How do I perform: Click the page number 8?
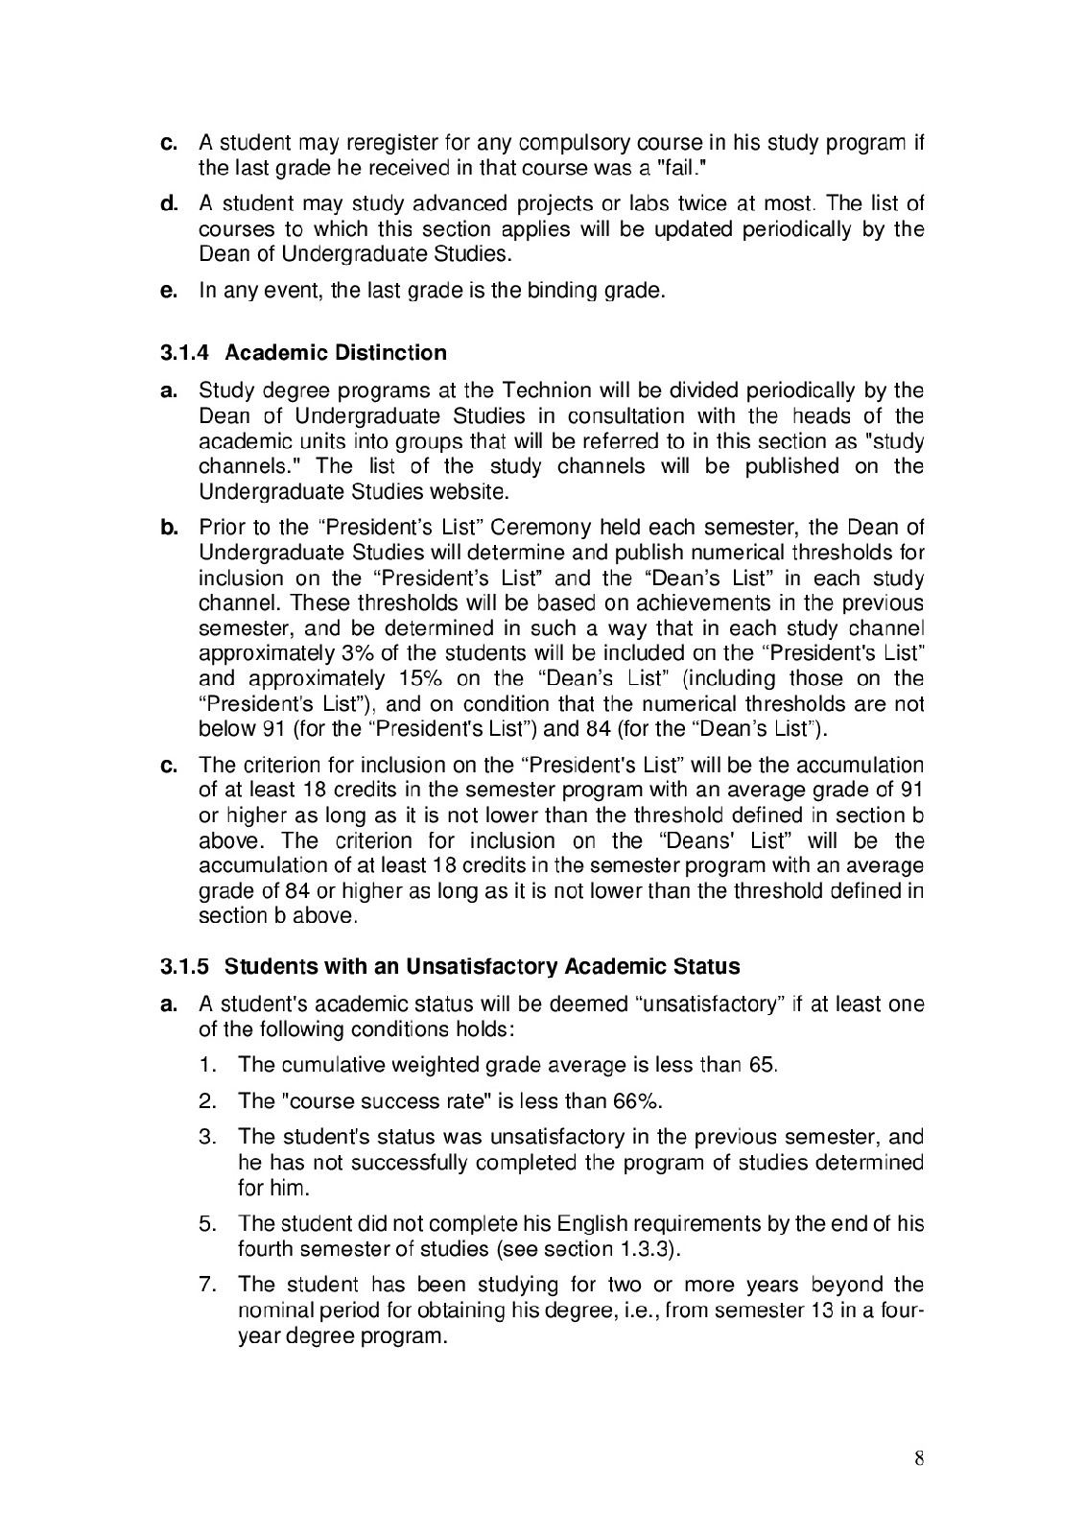(x=918, y=1459)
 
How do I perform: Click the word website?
(x=467, y=492)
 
